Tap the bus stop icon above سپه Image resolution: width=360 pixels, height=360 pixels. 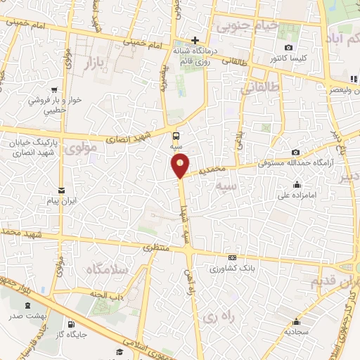tap(176, 136)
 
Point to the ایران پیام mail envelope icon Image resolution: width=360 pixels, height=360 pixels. tap(61, 191)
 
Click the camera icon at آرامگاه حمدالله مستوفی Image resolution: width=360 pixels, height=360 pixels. tap(296, 152)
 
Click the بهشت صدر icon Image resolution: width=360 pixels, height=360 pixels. tap(27, 306)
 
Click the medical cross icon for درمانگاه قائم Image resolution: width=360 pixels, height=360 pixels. tap(196, 39)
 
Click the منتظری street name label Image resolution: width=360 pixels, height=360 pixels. tap(156, 247)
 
